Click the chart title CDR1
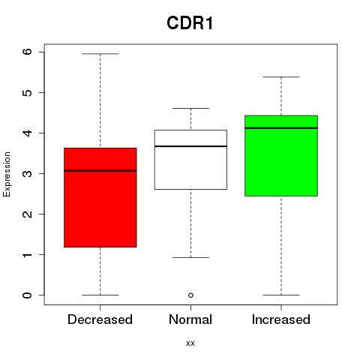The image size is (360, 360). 190,23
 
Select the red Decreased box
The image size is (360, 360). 100,197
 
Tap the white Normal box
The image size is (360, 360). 190,160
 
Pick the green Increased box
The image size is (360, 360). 281,156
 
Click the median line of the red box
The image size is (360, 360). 100,171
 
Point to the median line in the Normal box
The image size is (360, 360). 190,146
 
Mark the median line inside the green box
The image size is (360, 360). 281,128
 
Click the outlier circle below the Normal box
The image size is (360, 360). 190,295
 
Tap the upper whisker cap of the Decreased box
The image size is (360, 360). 100,54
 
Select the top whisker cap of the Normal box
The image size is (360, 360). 190,108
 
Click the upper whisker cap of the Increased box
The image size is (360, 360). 281,77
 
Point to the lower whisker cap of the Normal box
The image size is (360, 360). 190,257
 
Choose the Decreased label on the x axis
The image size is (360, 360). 100,319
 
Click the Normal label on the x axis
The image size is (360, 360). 190,319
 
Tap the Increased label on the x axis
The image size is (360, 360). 281,319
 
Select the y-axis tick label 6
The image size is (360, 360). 28,52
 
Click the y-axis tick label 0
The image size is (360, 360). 28,295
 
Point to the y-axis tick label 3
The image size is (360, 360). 28,173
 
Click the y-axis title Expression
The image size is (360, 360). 7,174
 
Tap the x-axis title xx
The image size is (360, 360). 190,343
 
